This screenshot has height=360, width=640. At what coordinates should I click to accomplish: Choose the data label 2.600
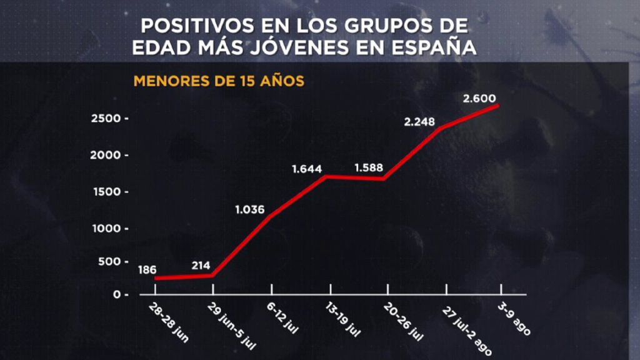tap(479, 98)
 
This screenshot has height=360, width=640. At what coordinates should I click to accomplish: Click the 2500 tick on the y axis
tap(106, 118)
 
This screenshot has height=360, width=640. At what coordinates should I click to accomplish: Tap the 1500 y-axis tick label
tap(106, 192)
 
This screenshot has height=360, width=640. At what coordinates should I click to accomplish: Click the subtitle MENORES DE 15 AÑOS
tap(219, 81)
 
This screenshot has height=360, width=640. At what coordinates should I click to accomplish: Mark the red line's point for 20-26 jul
tap(382, 178)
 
